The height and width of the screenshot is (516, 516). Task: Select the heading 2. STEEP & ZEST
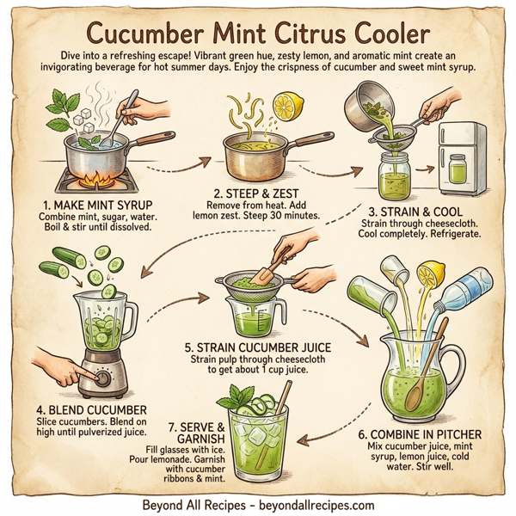coord(256,193)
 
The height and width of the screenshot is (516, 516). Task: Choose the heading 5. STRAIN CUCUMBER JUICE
coord(259,347)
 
